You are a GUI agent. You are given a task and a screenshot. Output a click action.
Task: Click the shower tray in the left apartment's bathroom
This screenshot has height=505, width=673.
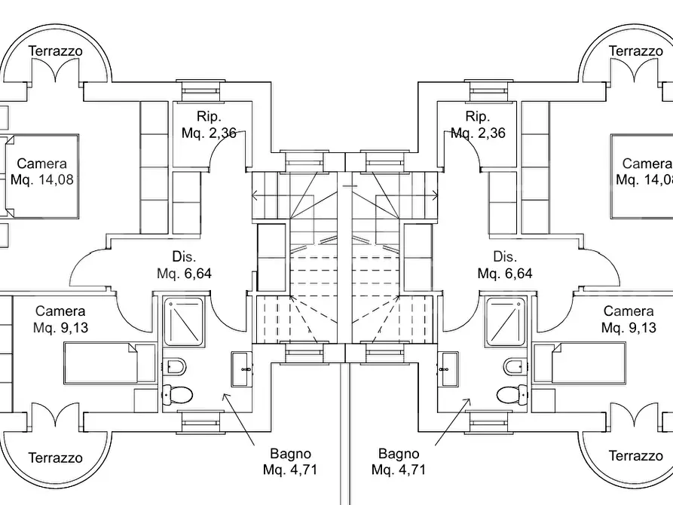point(184,322)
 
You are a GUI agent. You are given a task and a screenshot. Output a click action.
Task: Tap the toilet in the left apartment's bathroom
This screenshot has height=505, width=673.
point(177,393)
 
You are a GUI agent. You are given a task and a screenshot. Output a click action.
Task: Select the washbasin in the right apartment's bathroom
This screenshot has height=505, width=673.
point(448,369)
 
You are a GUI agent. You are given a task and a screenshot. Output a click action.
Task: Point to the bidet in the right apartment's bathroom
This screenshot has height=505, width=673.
point(515,367)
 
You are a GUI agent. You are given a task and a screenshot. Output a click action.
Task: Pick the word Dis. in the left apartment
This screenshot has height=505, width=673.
point(184,257)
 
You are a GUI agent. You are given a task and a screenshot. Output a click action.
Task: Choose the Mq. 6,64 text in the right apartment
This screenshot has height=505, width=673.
point(505,274)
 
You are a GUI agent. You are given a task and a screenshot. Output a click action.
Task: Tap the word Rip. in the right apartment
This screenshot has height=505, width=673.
point(478,116)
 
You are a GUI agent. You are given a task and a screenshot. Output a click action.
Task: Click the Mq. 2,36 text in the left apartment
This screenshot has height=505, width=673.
point(209,133)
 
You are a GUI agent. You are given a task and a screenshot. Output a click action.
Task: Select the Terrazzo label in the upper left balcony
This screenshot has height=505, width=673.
point(55,51)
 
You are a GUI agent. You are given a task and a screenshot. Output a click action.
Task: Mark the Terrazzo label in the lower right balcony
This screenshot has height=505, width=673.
point(635,455)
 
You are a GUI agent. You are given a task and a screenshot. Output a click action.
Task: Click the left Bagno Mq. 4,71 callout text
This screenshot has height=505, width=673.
point(290,461)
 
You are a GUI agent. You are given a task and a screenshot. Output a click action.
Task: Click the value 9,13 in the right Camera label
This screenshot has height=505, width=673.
point(643,328)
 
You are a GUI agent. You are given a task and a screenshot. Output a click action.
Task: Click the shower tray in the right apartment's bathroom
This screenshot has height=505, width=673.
point(506,322)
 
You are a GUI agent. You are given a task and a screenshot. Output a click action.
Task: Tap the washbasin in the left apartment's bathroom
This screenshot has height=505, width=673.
point(242,369)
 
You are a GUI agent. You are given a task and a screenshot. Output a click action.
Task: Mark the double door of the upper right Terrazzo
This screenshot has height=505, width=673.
point(634,69)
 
